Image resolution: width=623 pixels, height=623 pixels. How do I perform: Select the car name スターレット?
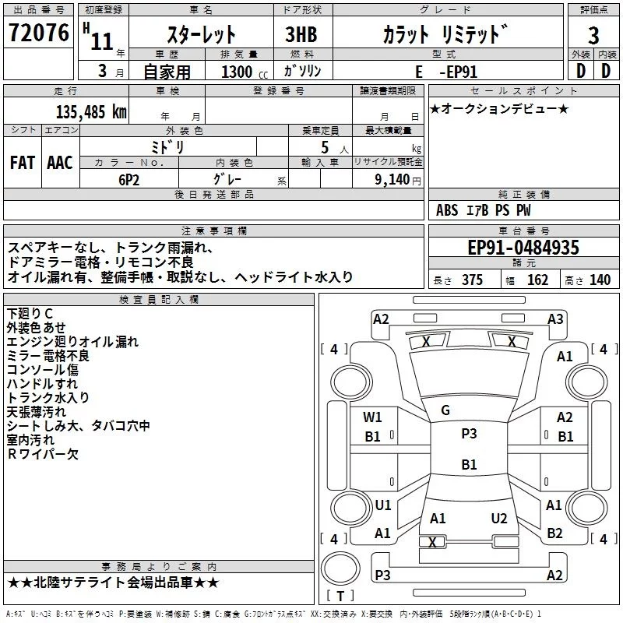pyautogui.click(x=202, y=35)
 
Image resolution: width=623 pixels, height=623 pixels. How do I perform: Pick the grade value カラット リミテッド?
pyautogui.click(x=445, y=35)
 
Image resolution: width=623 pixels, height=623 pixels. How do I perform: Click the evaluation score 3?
pyautogui.click(x=593, y=35)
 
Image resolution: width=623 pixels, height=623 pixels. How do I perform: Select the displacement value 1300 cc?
pyautogui.click(x=238, y=72)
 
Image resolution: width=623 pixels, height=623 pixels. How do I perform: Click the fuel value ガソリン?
pyautogui.click(x=303, y=71)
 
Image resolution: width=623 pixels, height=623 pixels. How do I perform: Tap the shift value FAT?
pyautogui.click(x=23, y=163)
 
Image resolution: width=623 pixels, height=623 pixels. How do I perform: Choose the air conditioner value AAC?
pyautogui.click(x=60, y=163)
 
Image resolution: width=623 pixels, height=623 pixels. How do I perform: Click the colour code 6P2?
pyautogui.click(x=129, y=178)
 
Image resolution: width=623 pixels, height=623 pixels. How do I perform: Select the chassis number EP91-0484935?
pyautogui.click(x=523, y=248)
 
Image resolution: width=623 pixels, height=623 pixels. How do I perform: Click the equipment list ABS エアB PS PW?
pyautogui.click(x=484, y=209)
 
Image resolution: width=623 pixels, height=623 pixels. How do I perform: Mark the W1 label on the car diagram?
pyautogui.click(x=372, y=417)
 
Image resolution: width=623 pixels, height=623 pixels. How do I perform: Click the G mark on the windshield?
pyautogui.click(x=445, y=410)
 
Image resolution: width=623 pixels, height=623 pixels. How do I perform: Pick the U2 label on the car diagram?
pyautogui.click(x=499, y=518)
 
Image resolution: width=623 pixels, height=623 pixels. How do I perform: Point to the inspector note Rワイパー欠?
pyautogui.click(x=43, y=454)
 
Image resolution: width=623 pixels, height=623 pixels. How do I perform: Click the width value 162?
pyautogui.click(x=537, y=280)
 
